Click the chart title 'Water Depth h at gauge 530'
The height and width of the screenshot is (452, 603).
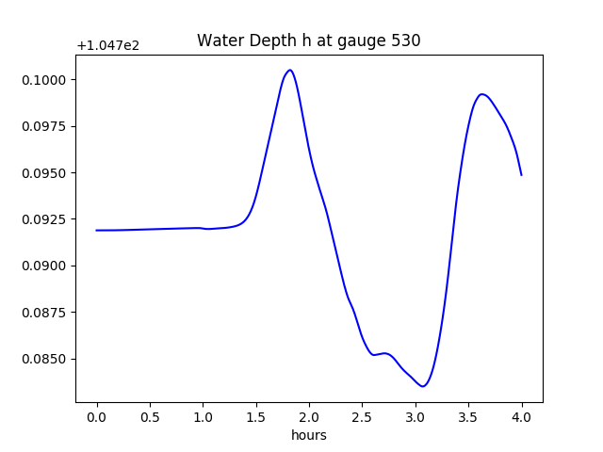click(x=308, y=40)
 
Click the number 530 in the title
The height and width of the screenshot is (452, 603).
click(x=406, y=40)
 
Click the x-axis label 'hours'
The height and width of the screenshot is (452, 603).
click(x=308, y=435)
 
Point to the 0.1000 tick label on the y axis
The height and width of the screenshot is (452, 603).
click(x=44, y=80)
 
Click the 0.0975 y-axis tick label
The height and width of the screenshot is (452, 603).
click(x=44, y=126)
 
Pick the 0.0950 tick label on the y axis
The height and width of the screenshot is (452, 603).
click(x=44, y=173)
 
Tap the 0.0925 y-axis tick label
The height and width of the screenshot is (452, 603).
click(x=44, y=219)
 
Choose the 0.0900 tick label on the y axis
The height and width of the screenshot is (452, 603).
click(x=44, y=266)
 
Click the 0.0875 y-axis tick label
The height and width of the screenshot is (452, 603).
click(x=44, y=313)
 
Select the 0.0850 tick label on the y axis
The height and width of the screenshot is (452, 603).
click(x=44, y=359)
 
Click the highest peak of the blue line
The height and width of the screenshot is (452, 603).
click(x=289, y=70)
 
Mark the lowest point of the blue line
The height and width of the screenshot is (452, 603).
click(x=423, y=386)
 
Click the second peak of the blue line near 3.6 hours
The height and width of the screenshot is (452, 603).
click(x=482, y=94)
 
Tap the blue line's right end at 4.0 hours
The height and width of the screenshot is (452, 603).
click(x=521, y=175)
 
